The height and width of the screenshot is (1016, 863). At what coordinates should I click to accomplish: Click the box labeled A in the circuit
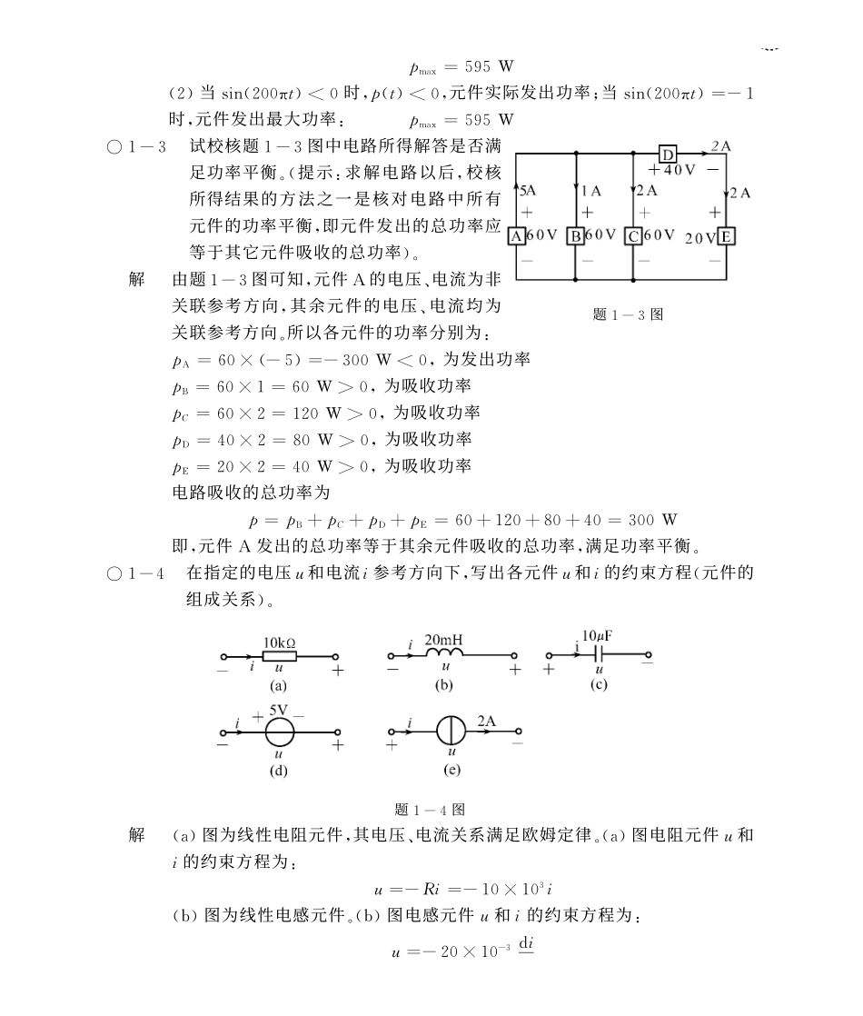tap(515, 235)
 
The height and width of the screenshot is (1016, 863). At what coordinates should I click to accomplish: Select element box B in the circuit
tap(576, 235)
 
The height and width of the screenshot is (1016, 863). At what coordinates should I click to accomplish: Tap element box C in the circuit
tap(633, 235)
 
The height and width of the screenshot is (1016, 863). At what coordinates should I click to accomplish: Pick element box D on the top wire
tap(669, 153)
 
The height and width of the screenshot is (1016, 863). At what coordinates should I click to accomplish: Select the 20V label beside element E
tap(700, 237)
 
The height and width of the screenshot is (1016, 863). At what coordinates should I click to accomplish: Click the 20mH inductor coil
tap(444, 655)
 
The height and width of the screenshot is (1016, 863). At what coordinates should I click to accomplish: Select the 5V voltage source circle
tap(278, 732)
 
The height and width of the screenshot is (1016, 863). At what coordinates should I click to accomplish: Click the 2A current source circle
tap(451, 732)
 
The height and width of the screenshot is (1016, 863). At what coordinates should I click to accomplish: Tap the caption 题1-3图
tap(627, 314)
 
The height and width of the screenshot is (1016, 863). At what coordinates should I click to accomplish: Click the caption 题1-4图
tap(431, 809)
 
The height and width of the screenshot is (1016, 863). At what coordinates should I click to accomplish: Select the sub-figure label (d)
tap(278, 771)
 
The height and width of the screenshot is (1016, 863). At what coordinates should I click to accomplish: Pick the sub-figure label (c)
tap(598, 684)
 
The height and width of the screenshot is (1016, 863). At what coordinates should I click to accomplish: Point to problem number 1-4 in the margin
tap(149, 573)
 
